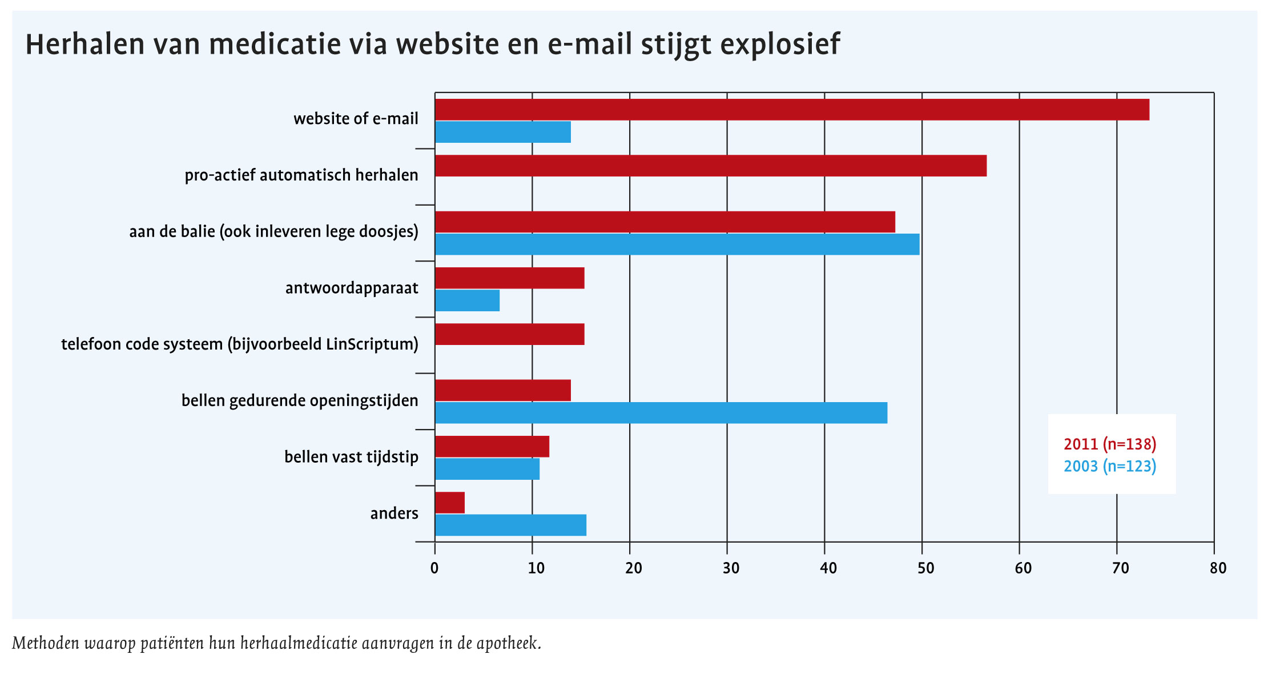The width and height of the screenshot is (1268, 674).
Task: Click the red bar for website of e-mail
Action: (x=792, y=110)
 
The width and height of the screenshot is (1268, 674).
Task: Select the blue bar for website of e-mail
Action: (x=503, y=132)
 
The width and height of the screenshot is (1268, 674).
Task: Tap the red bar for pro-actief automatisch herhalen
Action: (x=711, y=166)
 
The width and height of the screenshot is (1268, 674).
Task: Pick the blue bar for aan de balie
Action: (x=677, y=244)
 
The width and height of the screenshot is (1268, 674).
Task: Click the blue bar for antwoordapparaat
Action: (x=467, y=300)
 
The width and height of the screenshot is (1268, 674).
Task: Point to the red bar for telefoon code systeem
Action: (x=509, y=334)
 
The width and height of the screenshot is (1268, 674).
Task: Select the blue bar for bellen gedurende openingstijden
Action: (x=661, y=412)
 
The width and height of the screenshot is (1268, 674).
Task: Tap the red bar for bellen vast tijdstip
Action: (x=492, y=447)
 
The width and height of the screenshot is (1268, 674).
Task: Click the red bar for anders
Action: (x=450, y=503)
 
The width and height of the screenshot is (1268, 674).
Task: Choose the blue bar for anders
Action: (x=510, y=525)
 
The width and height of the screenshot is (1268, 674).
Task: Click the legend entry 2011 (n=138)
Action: (x=1110, y=444)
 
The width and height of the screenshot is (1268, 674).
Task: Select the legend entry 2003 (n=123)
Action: (x=1110, y=467)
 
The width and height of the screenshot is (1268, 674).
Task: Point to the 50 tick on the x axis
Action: (x=925, y=568)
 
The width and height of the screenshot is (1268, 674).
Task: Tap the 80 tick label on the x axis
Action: (x=1218, y=568)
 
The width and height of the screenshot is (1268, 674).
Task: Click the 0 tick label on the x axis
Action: (x=435, y=568)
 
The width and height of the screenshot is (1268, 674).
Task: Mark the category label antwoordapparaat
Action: (x=352, y=288)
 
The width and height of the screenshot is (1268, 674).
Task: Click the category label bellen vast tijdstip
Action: (x=351, y=457)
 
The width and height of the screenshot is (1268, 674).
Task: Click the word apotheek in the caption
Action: (x=508, y=644)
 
